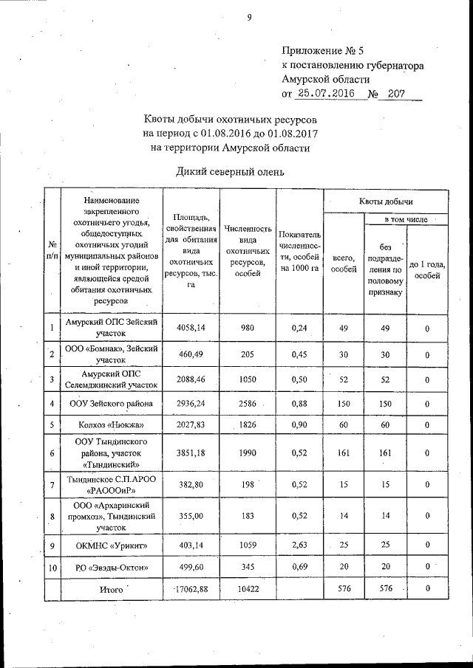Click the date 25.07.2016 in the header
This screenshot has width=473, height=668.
pyautogui.click(x=325, y=94)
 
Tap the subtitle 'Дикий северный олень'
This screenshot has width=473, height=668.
pyautogui.click(x=230, y=172)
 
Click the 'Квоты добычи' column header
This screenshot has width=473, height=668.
pyautogui.click(x=386, y=201)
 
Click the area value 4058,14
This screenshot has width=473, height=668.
pyautogui.click(x=191, y=328)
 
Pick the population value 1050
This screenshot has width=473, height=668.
pyautogui.click(x=248, y=379)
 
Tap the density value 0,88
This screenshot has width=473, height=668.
pyautogui.click(x=299, y=404)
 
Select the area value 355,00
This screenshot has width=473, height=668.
pyautogui.click(x=191, y=516)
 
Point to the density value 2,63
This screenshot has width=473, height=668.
pyautogui.click(x=299, y=546)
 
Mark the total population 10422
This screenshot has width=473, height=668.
pyautogui.click(x=248, y=589)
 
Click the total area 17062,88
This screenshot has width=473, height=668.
pyautogui.click(x=190, y=589)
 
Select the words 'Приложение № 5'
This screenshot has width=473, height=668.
pyautogui.click(x=323, y=52)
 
